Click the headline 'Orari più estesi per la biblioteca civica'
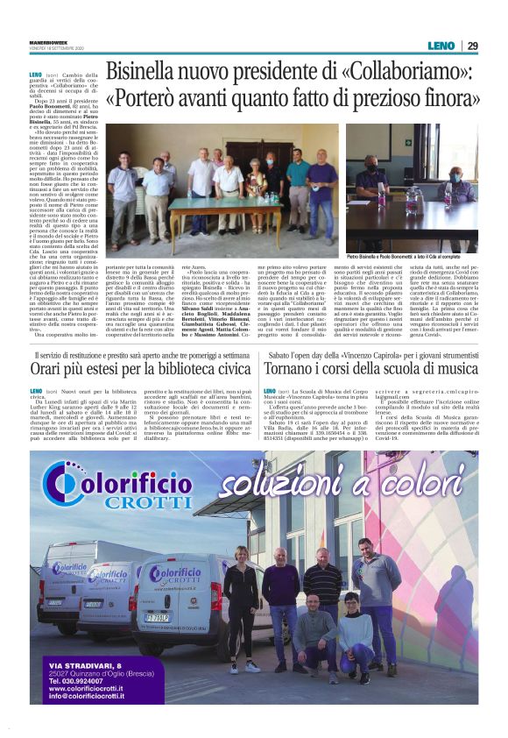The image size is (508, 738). (x=137, y=369)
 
